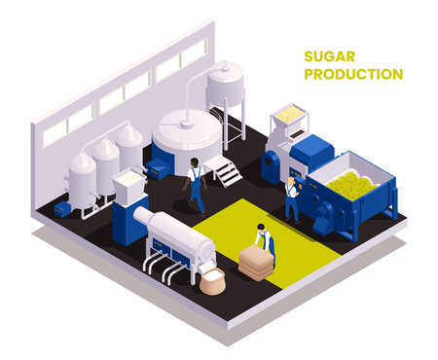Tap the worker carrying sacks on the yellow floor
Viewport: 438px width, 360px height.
point(264,242)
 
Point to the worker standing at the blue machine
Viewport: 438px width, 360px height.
point(292,198)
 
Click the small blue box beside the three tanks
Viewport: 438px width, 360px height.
point(62,208)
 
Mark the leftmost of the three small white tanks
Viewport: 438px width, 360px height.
point(81,177)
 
